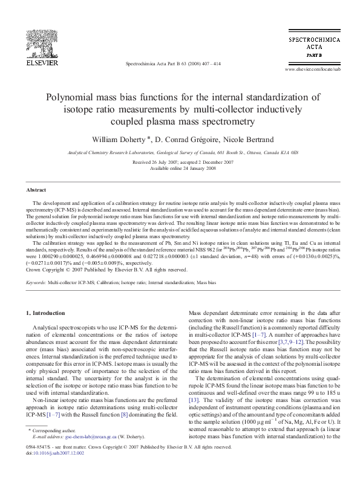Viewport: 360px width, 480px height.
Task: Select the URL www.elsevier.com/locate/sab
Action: tap(312, 70)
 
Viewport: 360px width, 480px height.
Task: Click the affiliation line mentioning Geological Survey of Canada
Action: tap(180, 154)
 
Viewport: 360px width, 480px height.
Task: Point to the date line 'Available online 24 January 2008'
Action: tap(180, 168)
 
